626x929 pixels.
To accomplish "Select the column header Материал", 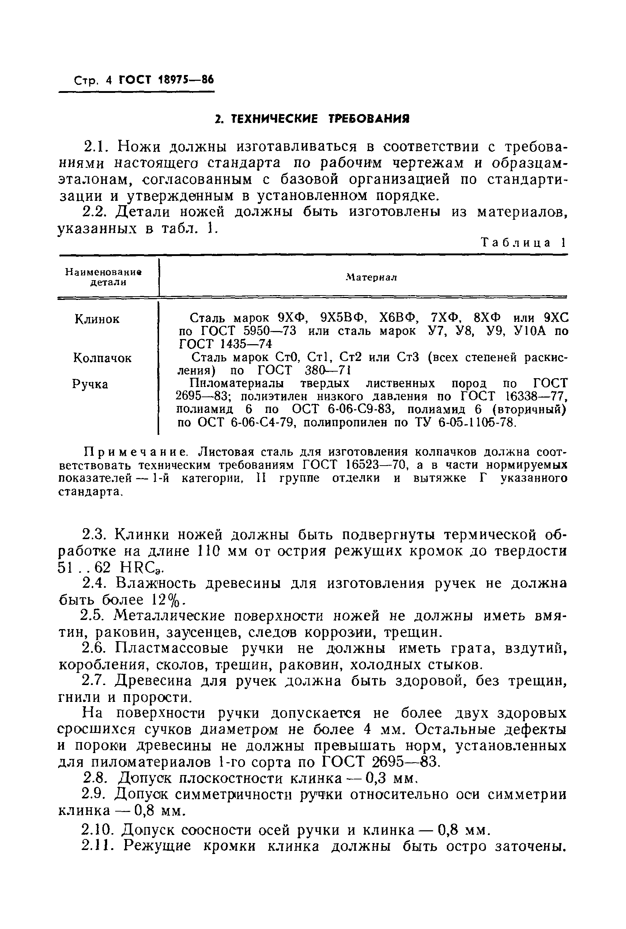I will (x=371, y=277).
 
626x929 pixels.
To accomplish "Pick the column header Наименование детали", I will (x=104, y=277).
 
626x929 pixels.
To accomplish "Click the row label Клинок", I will (x=97, y=319).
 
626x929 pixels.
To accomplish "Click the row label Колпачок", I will (x=102, y=358).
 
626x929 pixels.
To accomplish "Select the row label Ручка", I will (x=90, y=384).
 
